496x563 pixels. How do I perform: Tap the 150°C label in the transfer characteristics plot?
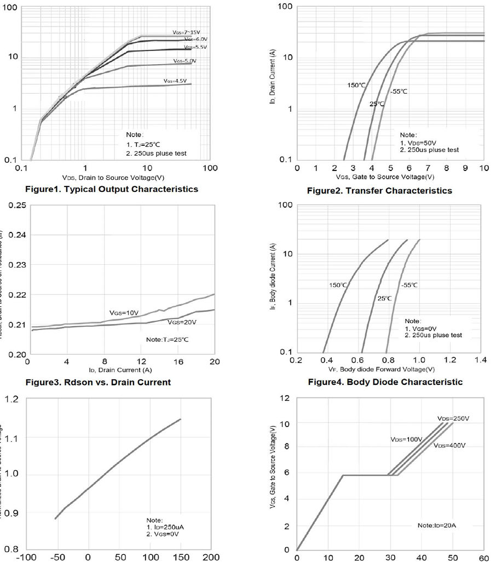[356, 85]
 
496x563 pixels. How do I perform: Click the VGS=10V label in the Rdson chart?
[125, 312]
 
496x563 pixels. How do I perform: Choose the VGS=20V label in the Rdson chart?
[182, 322]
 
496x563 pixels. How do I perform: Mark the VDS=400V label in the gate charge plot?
[449, 445]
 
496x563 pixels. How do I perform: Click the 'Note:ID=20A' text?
[436, 525]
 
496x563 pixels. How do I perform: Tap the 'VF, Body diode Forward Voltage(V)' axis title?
[389, 370]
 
